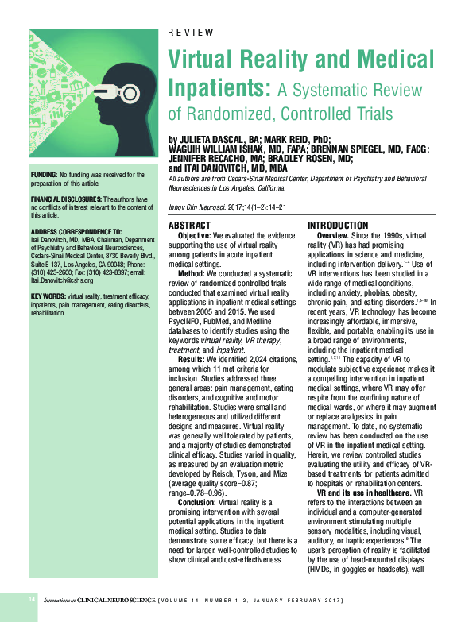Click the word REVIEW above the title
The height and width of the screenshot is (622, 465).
(191, 33)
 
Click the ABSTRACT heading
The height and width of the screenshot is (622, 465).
(190, 226)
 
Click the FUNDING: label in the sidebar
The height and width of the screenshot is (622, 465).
(44, 175)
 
